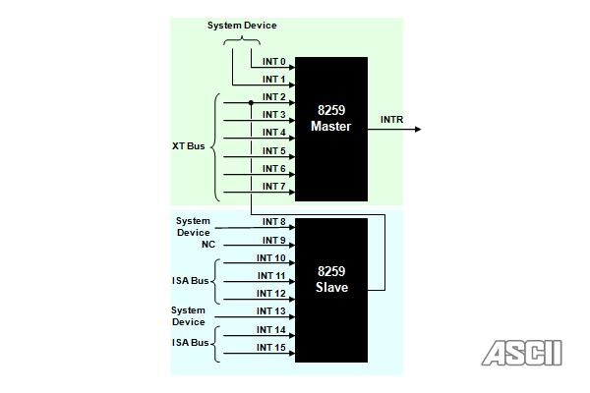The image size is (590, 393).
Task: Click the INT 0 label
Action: point(274,61)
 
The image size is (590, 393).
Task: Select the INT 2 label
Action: point(274,96)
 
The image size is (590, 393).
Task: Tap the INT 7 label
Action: point(274,186)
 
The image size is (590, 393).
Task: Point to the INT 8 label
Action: point(274,221)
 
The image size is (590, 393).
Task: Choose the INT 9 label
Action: point(274,240)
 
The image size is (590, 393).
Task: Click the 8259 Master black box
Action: point(330,129)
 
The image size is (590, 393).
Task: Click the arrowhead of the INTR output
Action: point(418,129)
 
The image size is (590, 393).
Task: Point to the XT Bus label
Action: point(189,146)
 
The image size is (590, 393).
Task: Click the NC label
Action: point(208,244)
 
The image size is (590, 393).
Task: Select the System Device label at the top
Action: point(242,25)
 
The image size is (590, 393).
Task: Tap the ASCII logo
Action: point(522,352)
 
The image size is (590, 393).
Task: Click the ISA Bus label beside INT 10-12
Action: point(192,280)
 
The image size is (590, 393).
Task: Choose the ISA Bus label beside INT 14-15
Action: point(192,342)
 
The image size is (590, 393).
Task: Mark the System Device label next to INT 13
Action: point(189,315)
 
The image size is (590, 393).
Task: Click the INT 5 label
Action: point(274,150)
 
